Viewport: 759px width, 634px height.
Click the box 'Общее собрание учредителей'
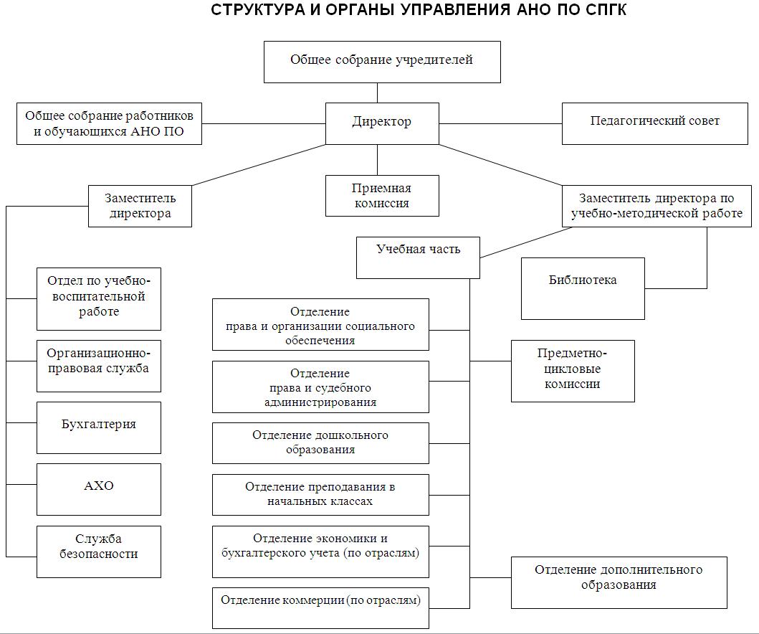382,62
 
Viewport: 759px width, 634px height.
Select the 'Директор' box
382,123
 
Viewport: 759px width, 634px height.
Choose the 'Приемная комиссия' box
382,196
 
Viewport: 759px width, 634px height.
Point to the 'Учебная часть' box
418,257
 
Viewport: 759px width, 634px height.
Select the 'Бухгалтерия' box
99,427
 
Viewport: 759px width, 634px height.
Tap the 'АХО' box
99,489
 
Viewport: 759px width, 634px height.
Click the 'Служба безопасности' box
99,551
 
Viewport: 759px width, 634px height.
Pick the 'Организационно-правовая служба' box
99,366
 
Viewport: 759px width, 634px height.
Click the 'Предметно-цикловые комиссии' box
573,371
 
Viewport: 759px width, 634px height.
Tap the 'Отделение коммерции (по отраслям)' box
320,607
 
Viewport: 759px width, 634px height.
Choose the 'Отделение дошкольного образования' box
320,443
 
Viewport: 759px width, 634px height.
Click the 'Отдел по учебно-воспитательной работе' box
99,298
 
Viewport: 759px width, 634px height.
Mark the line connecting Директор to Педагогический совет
500,123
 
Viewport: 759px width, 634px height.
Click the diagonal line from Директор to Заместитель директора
258,166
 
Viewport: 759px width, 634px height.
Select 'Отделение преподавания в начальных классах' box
320,494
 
